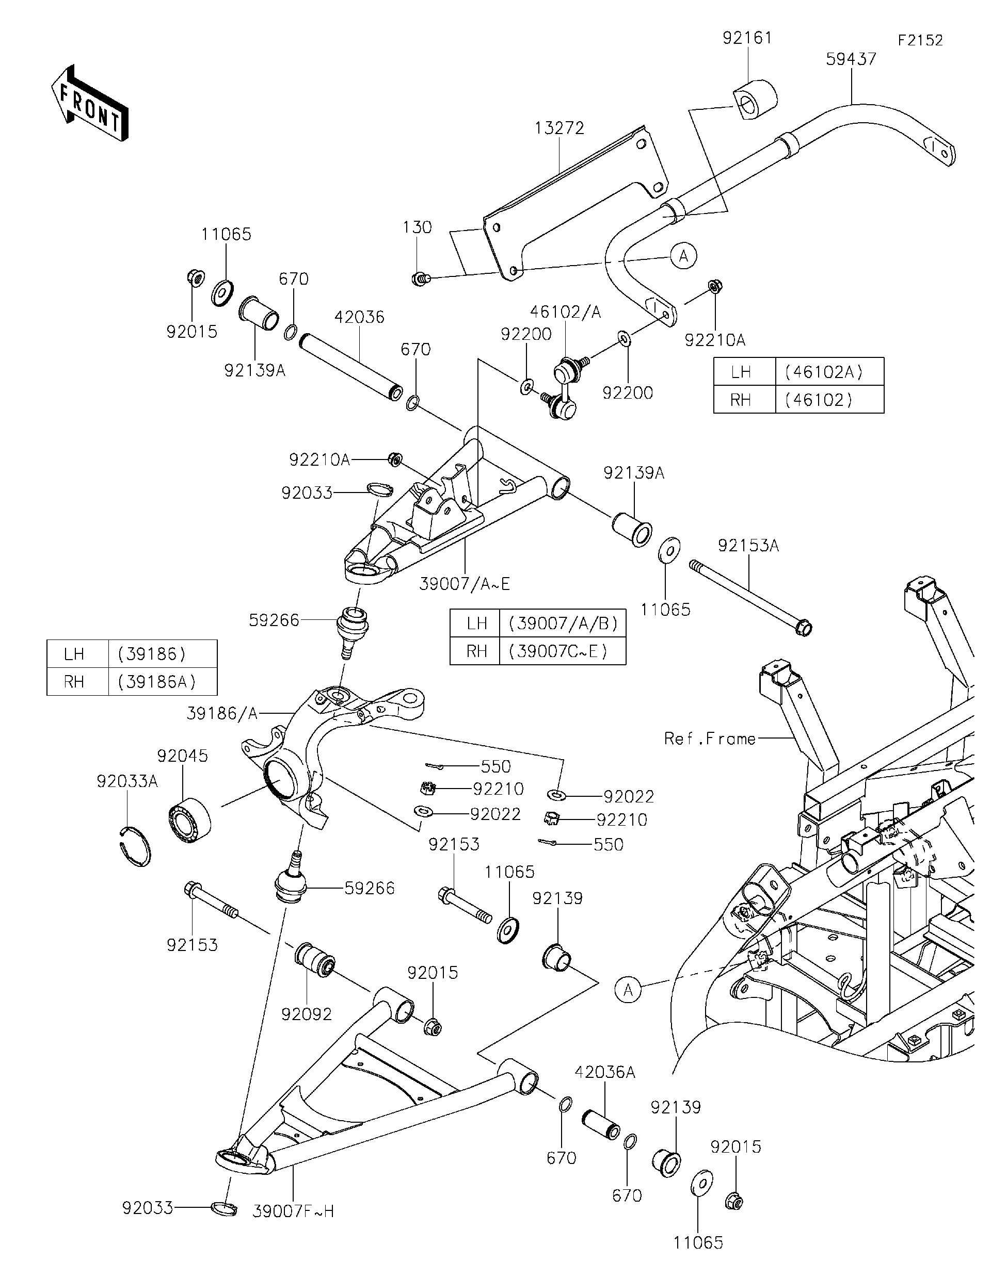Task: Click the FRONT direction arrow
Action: pos(89,103)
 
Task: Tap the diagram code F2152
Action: pos(920,40)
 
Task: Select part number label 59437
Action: pos(851,59)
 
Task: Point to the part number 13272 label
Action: pos(559,128)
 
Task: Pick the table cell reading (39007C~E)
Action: pos(562,651)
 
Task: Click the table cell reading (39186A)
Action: pos(156,682)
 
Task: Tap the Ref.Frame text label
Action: pos(710,739)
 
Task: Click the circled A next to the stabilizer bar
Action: pos(683,256)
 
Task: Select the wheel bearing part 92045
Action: pos(190,819)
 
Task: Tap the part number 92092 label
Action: pos(307,1014)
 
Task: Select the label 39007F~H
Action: pos(293,1211)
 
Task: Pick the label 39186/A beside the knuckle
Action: pos(222,713)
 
